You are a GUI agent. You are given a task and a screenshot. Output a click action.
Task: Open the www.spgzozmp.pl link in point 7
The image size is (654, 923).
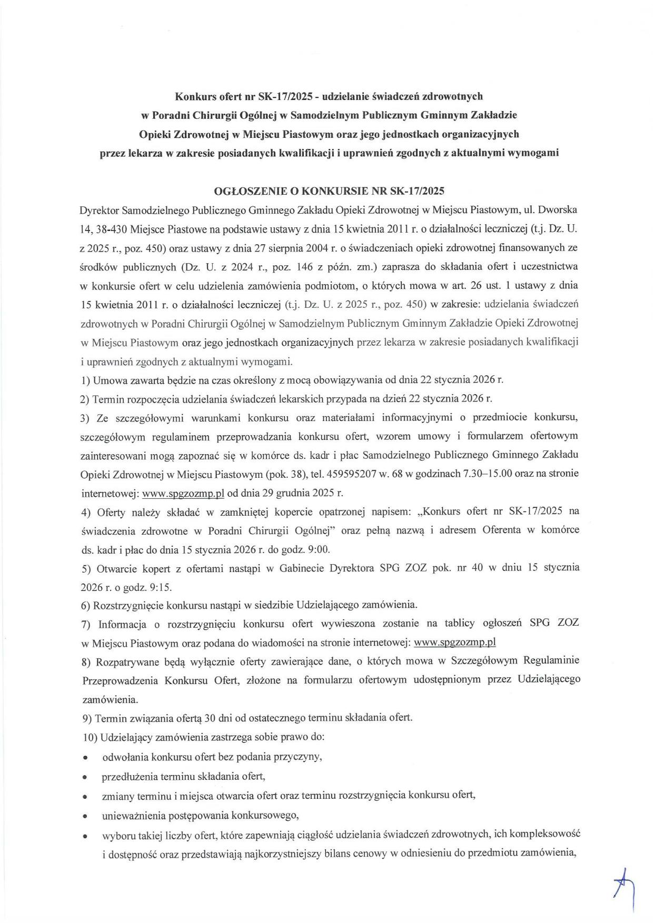click(455, 643)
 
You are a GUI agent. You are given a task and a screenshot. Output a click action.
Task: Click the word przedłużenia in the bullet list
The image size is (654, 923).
click(128, 776)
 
